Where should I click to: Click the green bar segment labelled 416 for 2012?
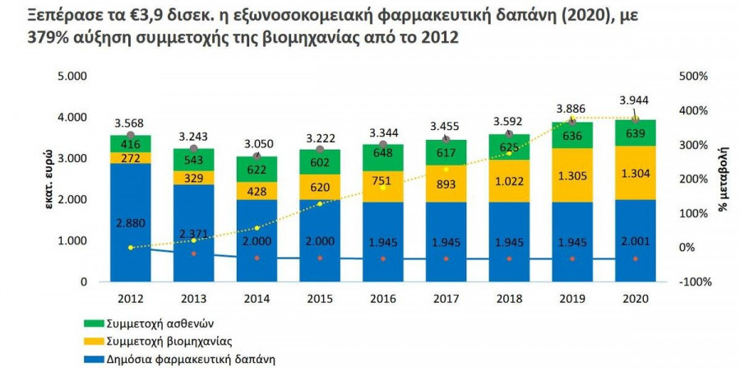pos(130,143)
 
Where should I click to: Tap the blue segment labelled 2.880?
pos(130,222)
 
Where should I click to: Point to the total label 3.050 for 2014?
pos(257,142)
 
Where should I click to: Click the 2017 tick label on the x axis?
pos(446,298)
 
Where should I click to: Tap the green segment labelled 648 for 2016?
pos(382,155)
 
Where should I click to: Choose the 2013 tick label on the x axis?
pos(193,298)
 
